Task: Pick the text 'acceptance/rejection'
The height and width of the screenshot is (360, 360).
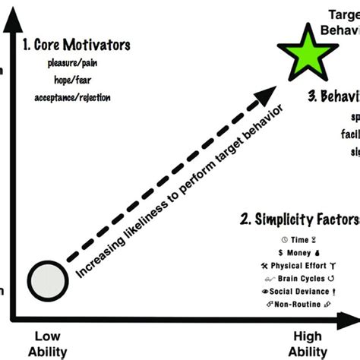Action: (72, 97)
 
